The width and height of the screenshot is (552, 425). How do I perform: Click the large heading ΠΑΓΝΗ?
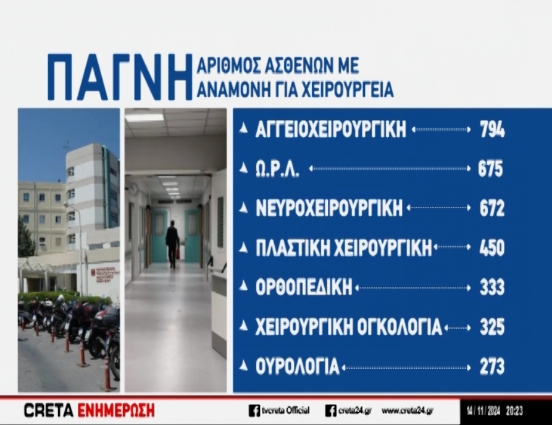click(120, 77)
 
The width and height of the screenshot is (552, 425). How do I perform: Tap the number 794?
click(492, 129)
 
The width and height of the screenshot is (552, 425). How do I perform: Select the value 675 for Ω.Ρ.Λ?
click(490, 168)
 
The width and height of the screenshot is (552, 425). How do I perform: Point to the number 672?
click(492, 208)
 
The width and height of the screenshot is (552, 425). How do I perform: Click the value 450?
click(492, 247)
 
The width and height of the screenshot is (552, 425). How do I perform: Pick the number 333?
click(492, 287)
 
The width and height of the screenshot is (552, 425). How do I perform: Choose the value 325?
click(492, 327)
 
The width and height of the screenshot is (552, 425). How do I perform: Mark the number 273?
click(492, 366)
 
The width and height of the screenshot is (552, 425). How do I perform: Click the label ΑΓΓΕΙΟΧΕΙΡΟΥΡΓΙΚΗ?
click(330, 129)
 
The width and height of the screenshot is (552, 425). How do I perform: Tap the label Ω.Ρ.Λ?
click(277, 169)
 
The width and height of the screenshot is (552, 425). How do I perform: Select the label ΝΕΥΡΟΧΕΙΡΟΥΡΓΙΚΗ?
click(329, 208)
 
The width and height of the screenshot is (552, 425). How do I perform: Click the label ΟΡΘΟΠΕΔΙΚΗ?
click(304, 287)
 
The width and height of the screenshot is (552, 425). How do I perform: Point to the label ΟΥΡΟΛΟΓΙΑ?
click(298, 366)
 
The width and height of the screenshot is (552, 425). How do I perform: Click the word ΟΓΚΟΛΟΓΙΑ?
click(399, 327)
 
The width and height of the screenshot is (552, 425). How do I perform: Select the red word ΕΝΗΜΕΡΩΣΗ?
click(116, 411)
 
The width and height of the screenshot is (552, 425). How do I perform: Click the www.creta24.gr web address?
click(408, 411)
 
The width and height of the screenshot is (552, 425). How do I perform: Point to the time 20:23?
click(514, 411)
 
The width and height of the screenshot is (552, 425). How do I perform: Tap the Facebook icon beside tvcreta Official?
click(254, 411)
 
